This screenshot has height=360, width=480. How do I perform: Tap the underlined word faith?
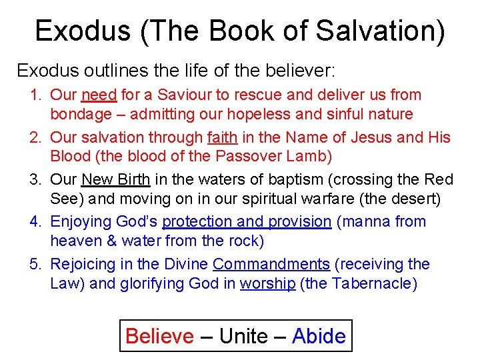223,138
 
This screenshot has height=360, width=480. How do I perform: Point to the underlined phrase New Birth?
115,180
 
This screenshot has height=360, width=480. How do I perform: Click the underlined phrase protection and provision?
247,222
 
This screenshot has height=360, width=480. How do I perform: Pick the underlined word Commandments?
271,264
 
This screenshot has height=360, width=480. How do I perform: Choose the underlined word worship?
267,283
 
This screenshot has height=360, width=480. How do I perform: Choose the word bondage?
81,115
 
